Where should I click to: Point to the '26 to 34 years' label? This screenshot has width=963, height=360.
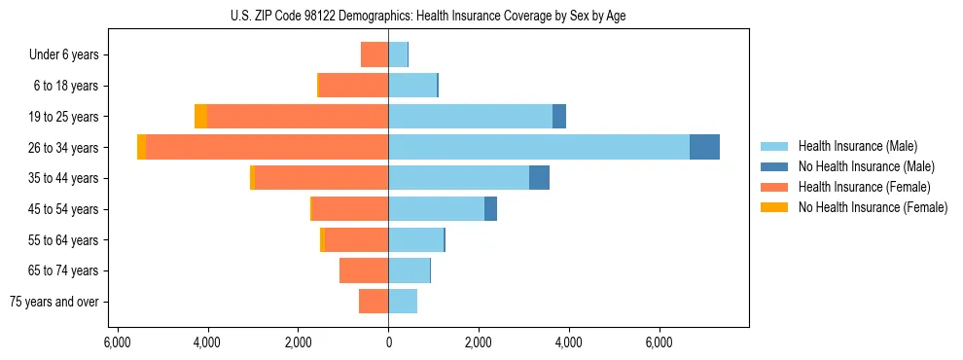65,147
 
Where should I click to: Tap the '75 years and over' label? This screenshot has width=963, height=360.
53,302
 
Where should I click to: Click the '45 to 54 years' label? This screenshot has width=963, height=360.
65,209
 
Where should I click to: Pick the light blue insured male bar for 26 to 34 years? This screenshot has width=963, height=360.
538,147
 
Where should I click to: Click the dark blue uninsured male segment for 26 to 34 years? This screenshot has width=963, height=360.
704,147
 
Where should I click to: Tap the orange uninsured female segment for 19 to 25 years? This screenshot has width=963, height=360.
200,117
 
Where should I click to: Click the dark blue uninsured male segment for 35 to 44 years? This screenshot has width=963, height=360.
539,178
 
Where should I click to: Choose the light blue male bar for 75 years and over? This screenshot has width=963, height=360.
403,302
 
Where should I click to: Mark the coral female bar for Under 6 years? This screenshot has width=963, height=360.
374,54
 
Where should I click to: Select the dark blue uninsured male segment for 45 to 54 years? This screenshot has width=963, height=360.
490,209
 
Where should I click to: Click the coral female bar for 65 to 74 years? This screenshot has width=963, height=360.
364,270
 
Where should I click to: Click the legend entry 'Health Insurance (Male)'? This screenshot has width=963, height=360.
857,146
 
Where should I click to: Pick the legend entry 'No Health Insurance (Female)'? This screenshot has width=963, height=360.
873,207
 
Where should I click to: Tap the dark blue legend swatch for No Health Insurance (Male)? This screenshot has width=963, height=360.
775,166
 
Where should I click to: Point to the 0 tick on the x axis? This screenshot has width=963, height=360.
388,342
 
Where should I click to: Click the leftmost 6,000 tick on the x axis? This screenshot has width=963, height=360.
117,342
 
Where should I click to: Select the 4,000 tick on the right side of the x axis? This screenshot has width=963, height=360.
569,342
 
